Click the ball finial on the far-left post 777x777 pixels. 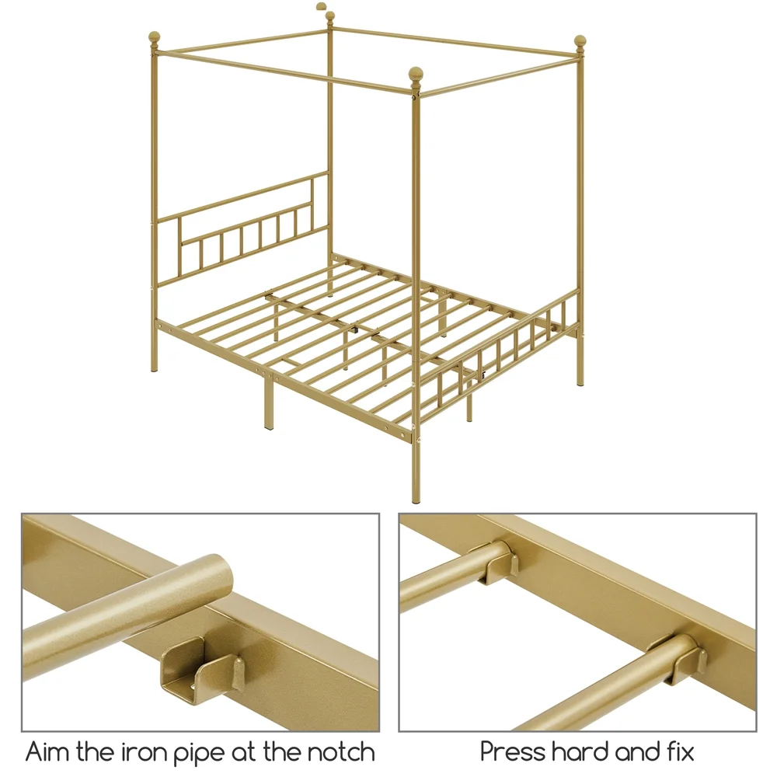pos(154,38)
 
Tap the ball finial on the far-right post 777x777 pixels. pos(580,41)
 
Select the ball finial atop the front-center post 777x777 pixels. pos(416,75)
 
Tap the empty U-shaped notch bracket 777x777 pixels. pos(199,668)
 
